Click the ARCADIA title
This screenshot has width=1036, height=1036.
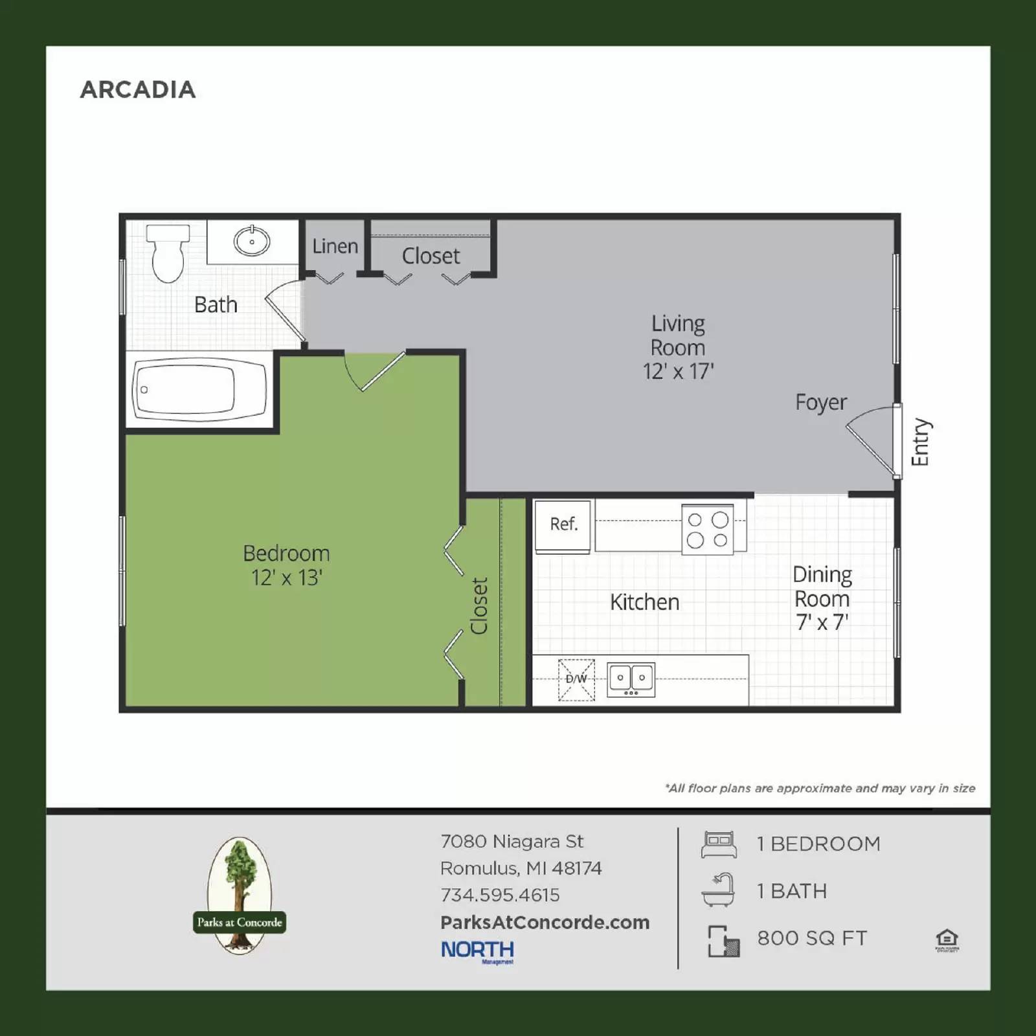coord(137,89)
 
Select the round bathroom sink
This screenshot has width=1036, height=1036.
coord(252,242)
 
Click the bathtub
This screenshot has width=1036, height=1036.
coord(199,390)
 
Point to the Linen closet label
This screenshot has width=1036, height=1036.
coord(335,247)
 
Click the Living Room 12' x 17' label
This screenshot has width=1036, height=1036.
coord(678,348)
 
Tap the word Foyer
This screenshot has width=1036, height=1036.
coord(820,402)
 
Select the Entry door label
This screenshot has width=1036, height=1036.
coord(920,442)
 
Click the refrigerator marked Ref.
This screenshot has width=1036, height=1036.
coord(563,525)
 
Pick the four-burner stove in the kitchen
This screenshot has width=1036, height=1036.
coord(708,530)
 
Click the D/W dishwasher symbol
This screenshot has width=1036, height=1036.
coord(576,679)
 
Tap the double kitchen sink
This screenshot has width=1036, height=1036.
coord(631,679)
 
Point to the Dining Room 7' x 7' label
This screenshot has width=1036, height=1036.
coord(822,598)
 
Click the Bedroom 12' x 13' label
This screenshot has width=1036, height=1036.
coord(286,565)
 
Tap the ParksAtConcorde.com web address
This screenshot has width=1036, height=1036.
coord(545,923)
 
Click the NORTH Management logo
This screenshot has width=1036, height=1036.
coord(478,951)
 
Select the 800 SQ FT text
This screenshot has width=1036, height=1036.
coord(812,938)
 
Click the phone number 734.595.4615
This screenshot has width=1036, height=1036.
coord(500,895)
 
